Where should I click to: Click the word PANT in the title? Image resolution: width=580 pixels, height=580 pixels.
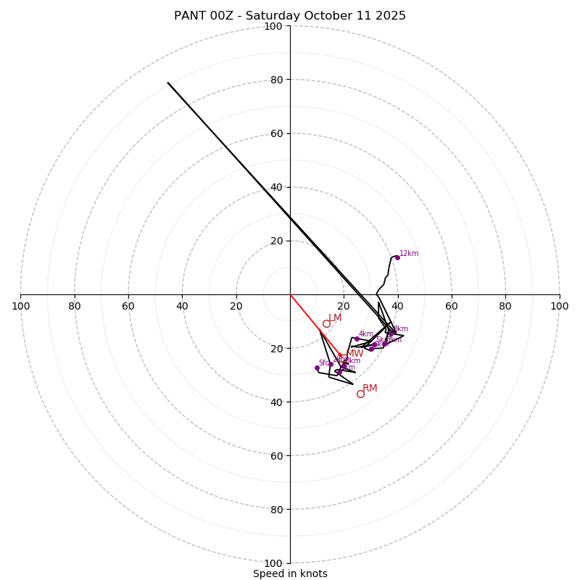point(188,16)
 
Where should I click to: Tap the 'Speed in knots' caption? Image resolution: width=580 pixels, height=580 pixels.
point(290,573)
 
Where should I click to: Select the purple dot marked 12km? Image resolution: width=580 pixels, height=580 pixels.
point(397,257)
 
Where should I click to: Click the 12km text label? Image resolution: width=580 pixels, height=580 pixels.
point(409,254)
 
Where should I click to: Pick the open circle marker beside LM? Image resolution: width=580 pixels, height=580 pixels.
point(326,324)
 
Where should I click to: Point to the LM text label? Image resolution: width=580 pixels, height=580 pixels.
point(335,318)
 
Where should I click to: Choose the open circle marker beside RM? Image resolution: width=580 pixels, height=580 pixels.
point(360,394)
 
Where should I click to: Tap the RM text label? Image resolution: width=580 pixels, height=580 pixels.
point(370,389)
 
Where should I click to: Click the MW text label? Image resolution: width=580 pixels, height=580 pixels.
point(355,354)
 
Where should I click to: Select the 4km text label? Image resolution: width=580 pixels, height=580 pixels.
point(366,334)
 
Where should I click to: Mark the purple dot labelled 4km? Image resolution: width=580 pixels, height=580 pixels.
point(357,339)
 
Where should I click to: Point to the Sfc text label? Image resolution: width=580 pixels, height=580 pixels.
point(323,363)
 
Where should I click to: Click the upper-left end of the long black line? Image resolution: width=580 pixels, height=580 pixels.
point(168,83)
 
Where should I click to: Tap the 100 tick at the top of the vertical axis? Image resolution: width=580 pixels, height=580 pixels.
point(273,26)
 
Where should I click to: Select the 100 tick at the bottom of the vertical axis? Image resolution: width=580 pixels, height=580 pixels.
point(273,563)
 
